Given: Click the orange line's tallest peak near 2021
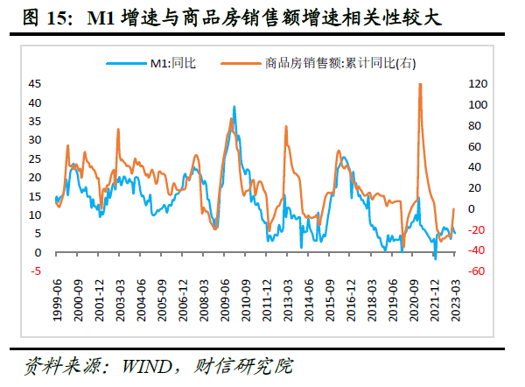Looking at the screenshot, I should pos(421,84).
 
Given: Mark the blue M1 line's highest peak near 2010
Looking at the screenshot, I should pos(234,107).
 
